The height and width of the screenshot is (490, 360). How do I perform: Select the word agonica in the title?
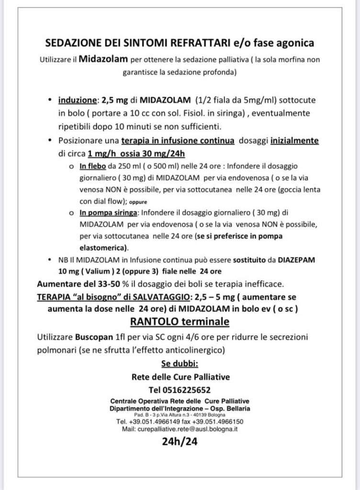[295, 44]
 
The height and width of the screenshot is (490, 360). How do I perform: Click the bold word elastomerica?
[103, 247]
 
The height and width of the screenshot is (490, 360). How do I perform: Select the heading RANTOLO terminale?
[179, 320]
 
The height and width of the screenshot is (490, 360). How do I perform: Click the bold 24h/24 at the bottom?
[179, 442]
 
